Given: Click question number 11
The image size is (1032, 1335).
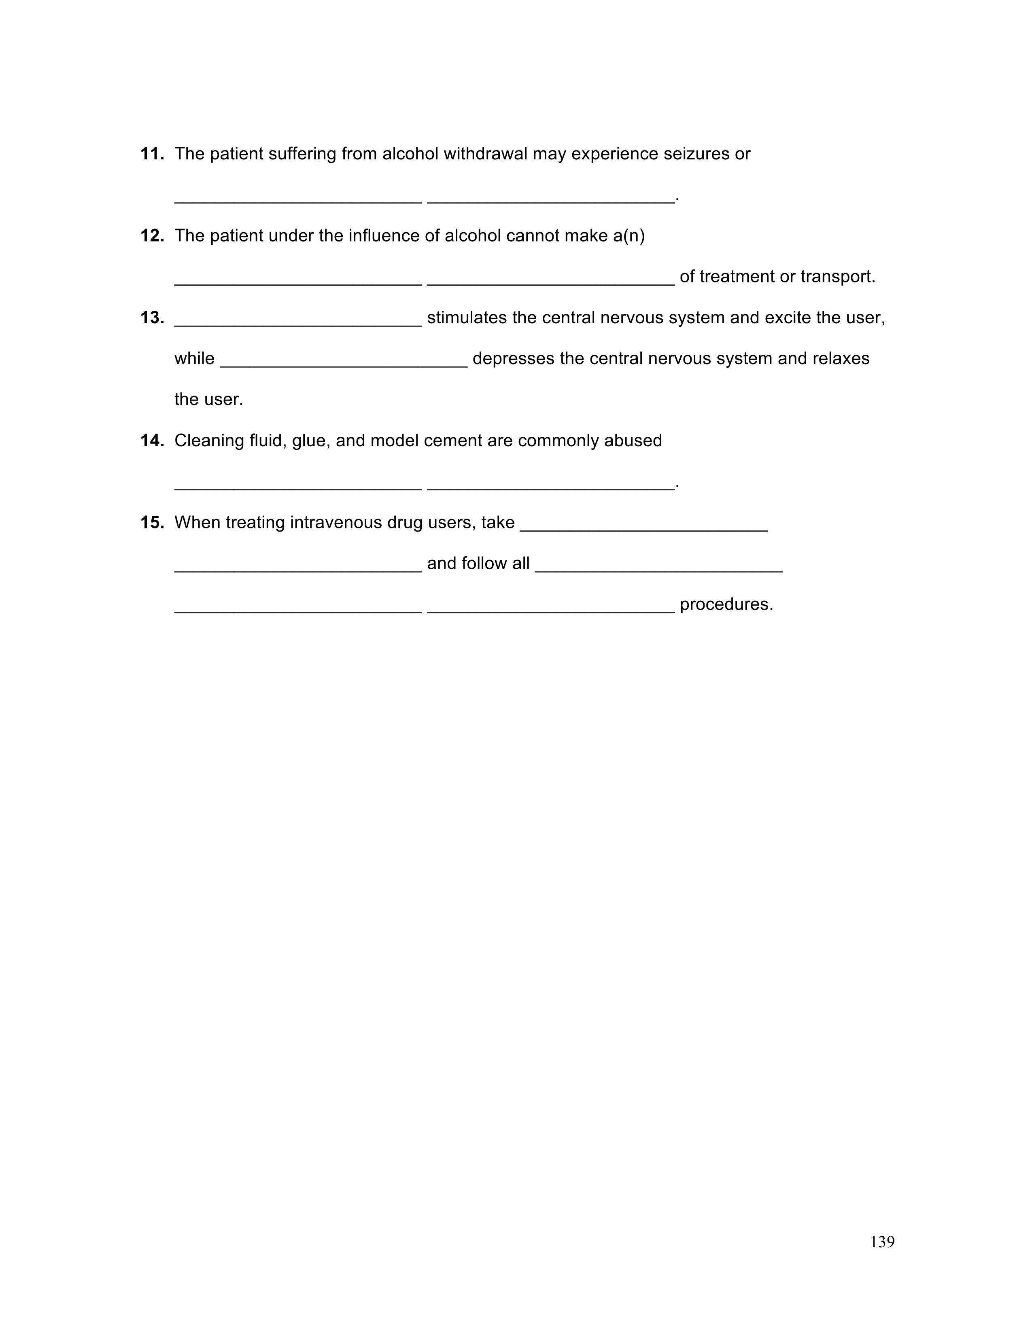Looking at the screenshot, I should point(152,154).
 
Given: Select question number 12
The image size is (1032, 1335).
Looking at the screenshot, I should point(152,236).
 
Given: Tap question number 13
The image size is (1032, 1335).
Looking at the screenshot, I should point(152,318).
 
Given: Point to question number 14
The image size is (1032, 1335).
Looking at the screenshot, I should point(152,441).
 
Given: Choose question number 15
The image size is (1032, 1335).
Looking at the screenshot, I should point(152,523).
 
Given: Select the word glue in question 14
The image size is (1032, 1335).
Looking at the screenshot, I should point(309,441).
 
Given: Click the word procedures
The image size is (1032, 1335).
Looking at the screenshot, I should point(726,604).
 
